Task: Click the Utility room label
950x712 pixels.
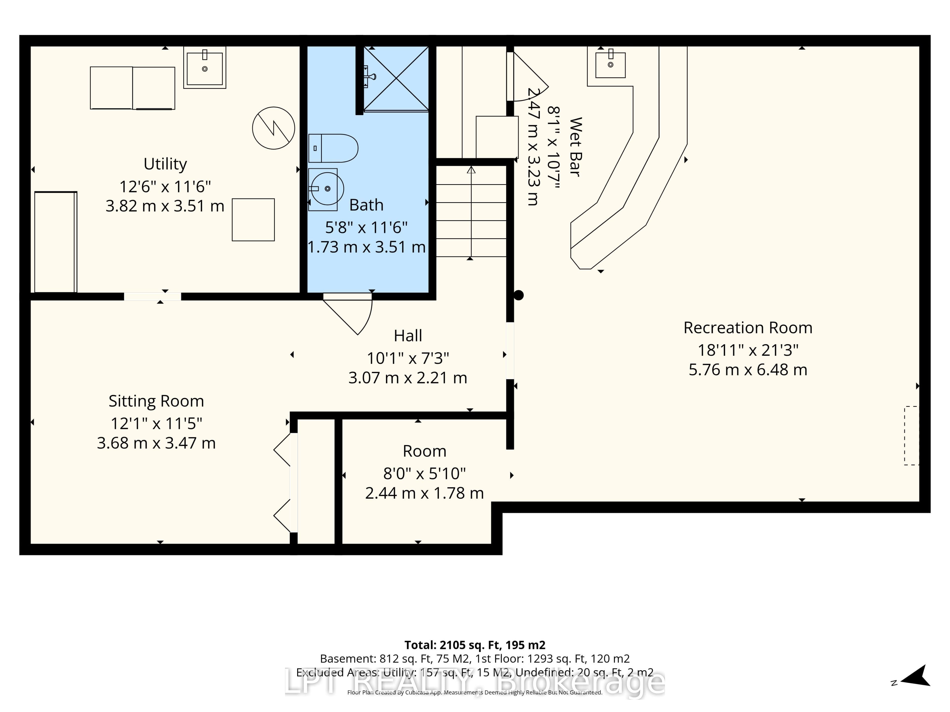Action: tap(165, 164)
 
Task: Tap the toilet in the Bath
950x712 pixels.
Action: tap(333, 148)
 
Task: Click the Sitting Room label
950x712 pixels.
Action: tap(156, 401)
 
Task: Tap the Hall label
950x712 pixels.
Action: tap(408, 336)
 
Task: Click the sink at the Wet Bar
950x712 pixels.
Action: tap(610, 64)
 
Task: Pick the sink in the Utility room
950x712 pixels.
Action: tap(205, 68)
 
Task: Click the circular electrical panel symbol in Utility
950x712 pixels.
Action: tap(274, 128)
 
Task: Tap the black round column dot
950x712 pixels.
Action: tap(519, 295)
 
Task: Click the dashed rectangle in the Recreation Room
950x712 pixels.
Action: tap(911, 436)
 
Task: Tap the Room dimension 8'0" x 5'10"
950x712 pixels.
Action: tap(424, 473)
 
